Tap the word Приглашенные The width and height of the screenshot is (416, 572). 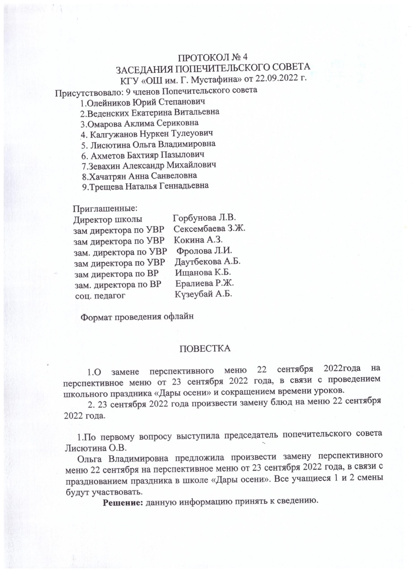(x=105, y=208)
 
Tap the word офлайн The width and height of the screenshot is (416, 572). (x=178, y=317)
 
